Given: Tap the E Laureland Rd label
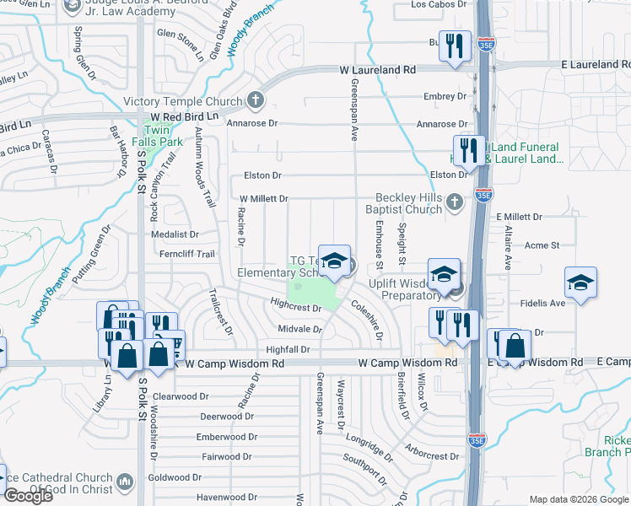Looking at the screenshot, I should click(596, 64).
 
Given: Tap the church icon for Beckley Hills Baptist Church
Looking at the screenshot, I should click(455, 201).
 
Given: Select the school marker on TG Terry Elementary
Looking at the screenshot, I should click(334, 261).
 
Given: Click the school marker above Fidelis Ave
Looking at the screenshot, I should click(580, 283).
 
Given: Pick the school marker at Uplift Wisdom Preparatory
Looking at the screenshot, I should click(445, 275).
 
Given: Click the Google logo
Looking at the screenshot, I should click(28, 496).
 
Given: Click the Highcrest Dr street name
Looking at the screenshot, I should click(296, 309).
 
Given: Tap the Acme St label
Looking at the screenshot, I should click(542, 245).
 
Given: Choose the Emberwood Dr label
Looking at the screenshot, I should click(226, 437).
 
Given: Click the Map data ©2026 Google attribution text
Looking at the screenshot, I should click(579, 499).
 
